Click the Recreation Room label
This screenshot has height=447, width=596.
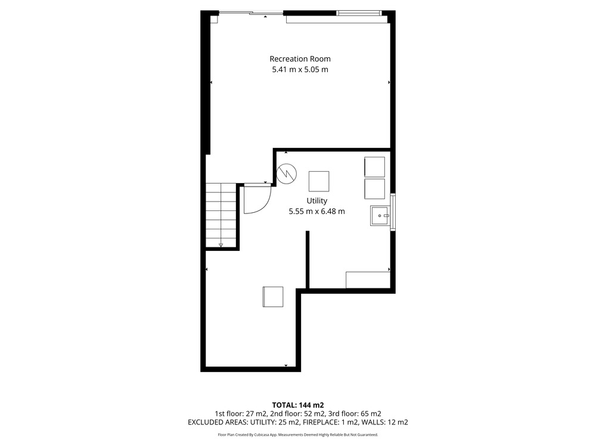pyautogui.click(x=300, y=59)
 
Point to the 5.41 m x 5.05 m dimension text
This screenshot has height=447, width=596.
pyautogui.click(x=300, y=70)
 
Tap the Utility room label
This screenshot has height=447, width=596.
pyautogui.click(x=316, y=201)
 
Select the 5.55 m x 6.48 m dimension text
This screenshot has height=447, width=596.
pyautogui.click(x=316, y=212)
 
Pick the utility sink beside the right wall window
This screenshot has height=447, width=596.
pyautogui.click(x=380, y=216)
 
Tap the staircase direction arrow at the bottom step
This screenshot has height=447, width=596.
pyautogui.click(x=221, y=244)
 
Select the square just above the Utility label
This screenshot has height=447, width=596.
pyautogui.click(x=319, y=181)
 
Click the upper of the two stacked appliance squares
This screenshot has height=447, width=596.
pyautogui.click(x=375, y=167)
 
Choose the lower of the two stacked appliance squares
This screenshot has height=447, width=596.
pyautogui.click(x=375, y=189)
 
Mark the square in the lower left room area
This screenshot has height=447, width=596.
pyautogui.click(x=273, y=297)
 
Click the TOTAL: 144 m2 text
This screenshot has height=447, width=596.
pyautogui.click(x=298, y=405)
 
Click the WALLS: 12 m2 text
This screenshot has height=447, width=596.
pyautogui.click(x=384, y=423)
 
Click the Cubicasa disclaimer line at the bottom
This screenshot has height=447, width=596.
pyautogui.click(x=298, y=434)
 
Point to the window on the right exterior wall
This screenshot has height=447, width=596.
pyautogui.click(x=393, y=212)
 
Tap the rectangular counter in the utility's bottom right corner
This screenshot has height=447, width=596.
pyautogui.click(x=368, y=280)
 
